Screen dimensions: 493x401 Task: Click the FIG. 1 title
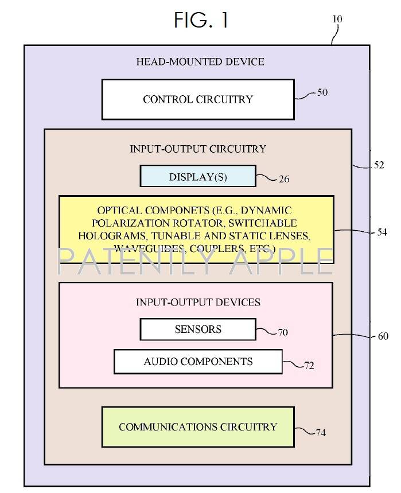tap(201, 20)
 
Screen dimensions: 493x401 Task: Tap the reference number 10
tap(337, 19)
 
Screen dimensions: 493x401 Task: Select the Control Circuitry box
tap(198, 99)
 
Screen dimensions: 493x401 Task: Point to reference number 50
tap(322, 92)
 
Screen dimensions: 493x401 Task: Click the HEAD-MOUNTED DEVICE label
tap(200, 61)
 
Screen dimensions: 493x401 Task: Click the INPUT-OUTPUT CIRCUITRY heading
tap(198, 149)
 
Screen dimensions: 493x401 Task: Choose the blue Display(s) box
tap(198, 177)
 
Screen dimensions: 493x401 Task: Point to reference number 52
tap(379, 165)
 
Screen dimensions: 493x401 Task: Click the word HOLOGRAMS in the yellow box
tap(106, 235)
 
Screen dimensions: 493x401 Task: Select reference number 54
tap(382, 232)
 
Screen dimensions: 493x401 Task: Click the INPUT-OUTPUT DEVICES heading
tap(198, 302)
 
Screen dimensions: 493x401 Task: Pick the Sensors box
tap(198, 329)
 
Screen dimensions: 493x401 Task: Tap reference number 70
tap(282, 332)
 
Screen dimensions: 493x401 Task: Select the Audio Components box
tap(198, 362)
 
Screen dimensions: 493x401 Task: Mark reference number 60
tap(383, 336)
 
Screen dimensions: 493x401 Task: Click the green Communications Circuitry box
tap(198, 427)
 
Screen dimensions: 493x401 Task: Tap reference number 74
tap(320, 432)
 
